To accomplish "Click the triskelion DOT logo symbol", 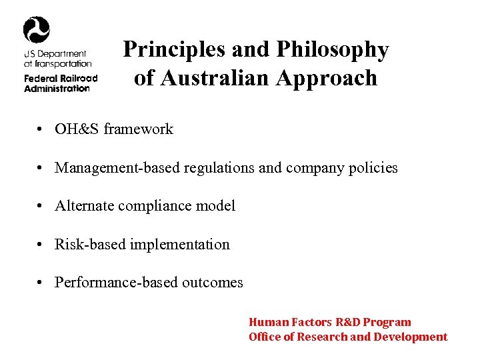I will (36, 30).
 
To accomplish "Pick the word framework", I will (138, 129).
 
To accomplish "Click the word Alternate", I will (84, 205).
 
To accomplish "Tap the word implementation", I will (180, 244).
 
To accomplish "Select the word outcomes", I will (213, 282).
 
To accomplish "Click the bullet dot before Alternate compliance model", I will (41, 206).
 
